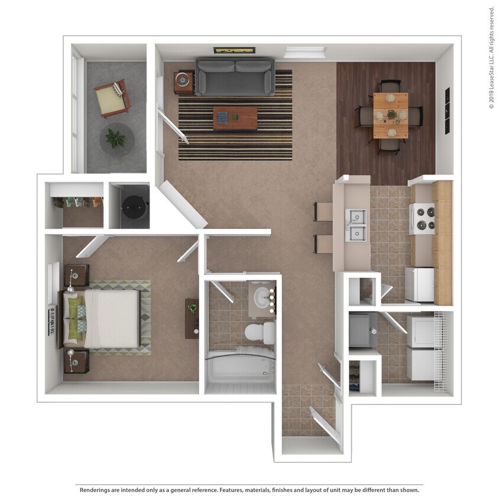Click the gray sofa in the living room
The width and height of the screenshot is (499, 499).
pyautogui.click(x=235, y=76)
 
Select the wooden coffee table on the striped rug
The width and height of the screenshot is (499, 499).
pyautogui.click(x=235, y=117)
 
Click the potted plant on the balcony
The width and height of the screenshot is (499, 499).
pyautogui.click(x=115, y=139)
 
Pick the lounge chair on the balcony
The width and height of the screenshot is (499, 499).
pyautogui.click(x=112, y=98)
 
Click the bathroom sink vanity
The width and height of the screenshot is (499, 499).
pyautogui.click(x=261, y=299)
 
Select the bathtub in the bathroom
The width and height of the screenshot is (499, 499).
pyautogui.click(x=240, y=370)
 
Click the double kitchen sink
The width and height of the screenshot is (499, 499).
pyautogui.click(x=356, y=225)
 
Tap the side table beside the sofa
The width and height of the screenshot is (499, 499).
pyautogui.click(x=184, y=81)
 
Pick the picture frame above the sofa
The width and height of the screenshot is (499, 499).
pyautogui.click(x=235, y=50)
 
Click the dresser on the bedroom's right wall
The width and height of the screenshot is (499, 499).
pyautogui.click(x=192, y=318)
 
